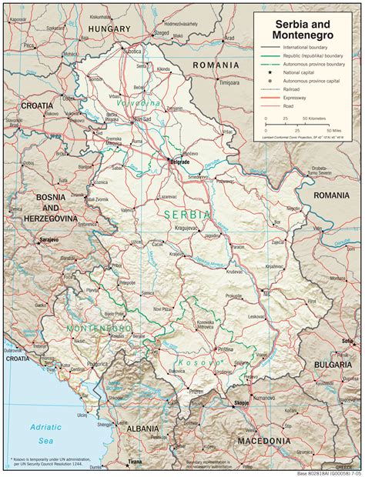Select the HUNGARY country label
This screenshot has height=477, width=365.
point(109,28)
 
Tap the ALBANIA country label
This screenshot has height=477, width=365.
point(145,427)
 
